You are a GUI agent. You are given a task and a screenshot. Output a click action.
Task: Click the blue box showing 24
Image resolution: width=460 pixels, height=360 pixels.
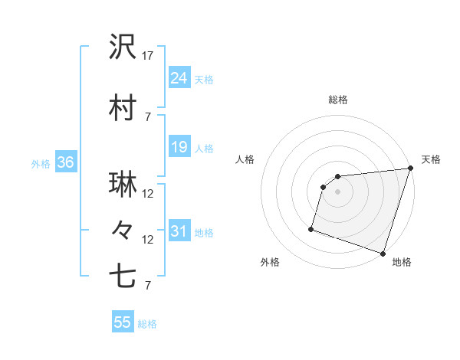179,78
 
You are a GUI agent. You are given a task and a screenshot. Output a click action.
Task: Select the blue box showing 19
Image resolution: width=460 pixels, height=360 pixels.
179,147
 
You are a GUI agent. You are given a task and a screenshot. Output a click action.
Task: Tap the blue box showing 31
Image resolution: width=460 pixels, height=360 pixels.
179,231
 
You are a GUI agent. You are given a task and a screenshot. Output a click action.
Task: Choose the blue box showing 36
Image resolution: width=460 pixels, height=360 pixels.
65,162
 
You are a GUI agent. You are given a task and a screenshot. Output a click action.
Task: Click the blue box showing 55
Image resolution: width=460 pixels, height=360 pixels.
123,322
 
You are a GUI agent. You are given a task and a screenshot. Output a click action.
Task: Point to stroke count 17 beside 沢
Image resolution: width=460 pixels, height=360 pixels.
148,56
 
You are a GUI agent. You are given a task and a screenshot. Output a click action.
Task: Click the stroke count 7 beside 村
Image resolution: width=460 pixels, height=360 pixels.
148,117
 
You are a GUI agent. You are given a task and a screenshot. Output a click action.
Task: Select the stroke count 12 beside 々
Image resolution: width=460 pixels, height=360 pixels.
148,240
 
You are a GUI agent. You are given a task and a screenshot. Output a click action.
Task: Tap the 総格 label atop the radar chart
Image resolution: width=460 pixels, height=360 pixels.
338,100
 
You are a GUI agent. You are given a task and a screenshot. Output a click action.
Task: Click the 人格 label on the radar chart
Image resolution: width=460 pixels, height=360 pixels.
245,159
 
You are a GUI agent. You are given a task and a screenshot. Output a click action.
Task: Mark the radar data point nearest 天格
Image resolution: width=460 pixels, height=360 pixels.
411,169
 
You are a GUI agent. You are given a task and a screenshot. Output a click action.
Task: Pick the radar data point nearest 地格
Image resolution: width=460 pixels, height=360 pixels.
383,253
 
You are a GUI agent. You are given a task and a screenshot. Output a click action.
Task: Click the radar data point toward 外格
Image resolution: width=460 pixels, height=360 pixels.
311,228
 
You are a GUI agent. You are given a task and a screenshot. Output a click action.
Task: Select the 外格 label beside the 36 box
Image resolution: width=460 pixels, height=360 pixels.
40,163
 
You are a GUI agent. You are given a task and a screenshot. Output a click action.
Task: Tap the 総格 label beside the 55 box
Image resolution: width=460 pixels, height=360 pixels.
147,324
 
